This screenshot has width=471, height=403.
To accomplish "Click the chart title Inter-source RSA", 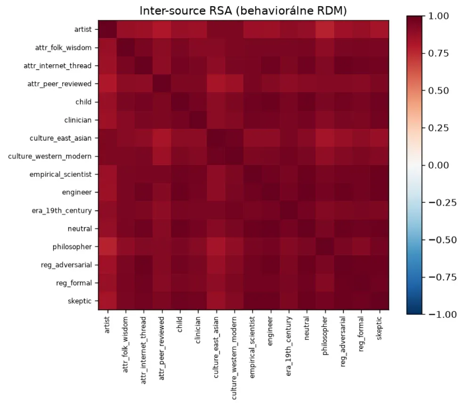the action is [x=185, y=11].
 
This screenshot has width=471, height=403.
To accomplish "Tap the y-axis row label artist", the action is [x=83, y=29].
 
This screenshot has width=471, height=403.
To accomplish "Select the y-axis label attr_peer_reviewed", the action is [x=59, y=84].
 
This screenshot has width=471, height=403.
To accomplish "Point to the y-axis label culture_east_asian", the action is [x=60, y=138].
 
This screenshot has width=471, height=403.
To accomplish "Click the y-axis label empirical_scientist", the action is [x=60, y=174].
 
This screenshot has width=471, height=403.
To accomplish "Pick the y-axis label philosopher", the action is [x=72, y=247].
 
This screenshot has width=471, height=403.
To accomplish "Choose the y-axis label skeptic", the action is [x=80, y=301].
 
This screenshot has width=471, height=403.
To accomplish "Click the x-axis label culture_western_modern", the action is [x=234, y=358].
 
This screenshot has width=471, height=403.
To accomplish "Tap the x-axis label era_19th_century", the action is [x=288, y=346].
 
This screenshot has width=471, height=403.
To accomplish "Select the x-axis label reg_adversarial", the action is [x=343, y=342].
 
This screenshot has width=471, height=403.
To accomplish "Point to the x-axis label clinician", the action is [x=198, y=330].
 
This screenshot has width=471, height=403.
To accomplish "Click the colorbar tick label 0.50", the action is [x=438, y=91].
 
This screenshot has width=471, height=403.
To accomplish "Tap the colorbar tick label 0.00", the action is [x=438, y=165].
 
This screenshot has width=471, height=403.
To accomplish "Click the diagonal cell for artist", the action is [x=107, y=29].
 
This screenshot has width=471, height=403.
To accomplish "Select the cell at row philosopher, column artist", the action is [x=107, y=247].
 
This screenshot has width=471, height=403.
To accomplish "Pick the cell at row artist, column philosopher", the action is [x=325, y=29].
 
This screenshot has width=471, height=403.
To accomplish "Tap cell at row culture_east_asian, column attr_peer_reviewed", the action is [x=162, y=138].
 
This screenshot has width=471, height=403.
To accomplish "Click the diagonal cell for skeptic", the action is [x=379, y=301].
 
